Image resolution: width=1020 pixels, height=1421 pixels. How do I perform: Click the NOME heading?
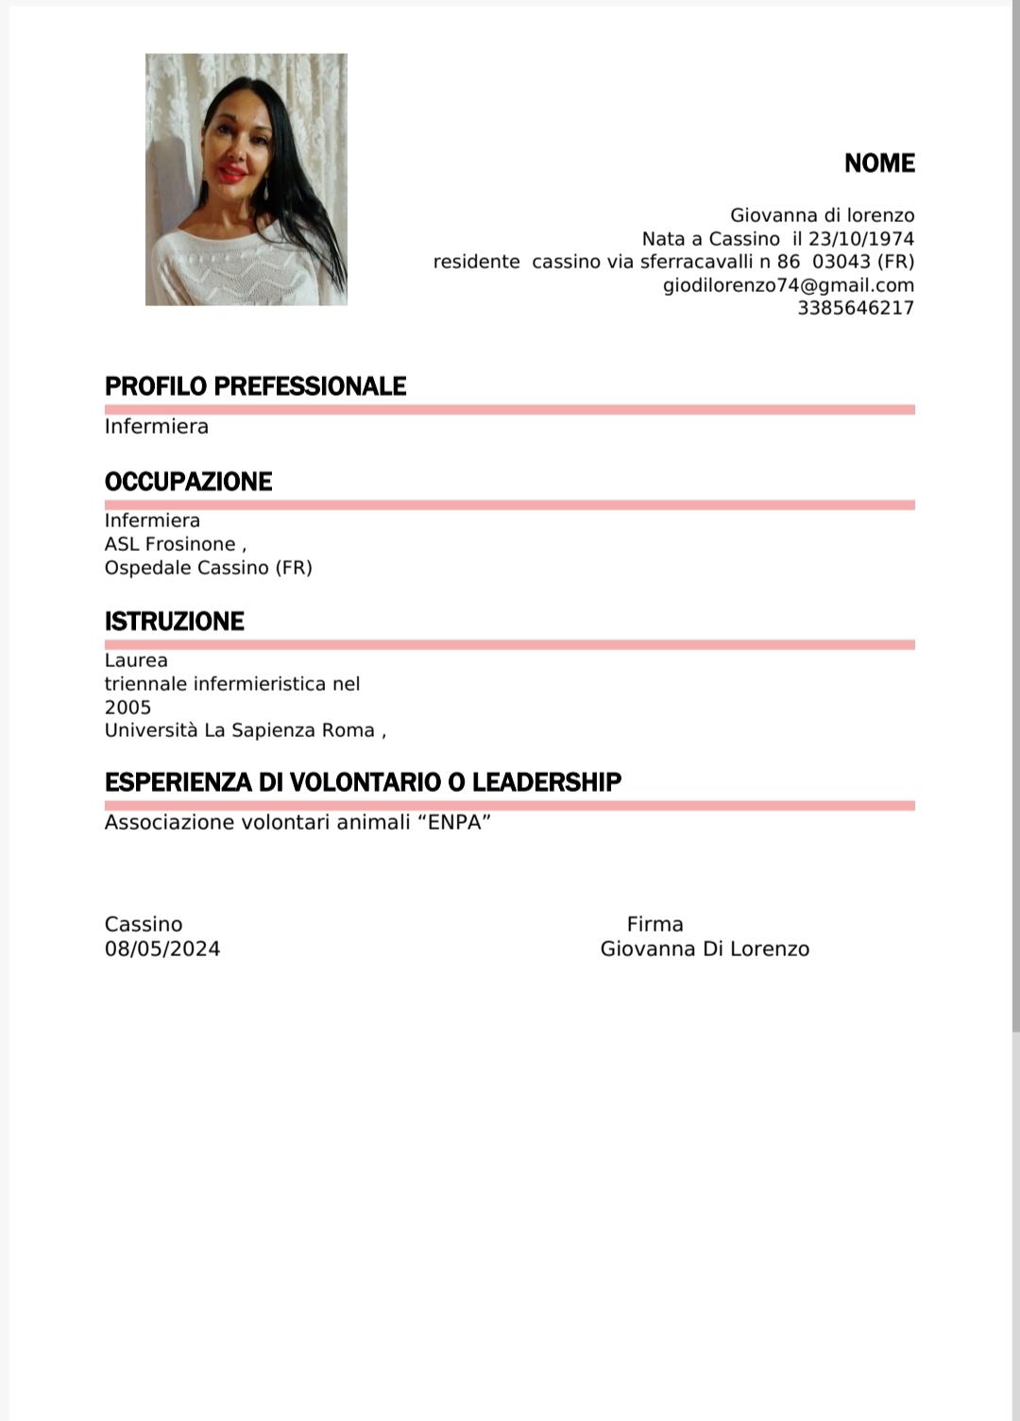[879, 163]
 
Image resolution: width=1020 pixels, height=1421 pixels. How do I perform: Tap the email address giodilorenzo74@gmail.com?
[788, 285]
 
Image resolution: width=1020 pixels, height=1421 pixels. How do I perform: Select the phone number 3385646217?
[855, 308]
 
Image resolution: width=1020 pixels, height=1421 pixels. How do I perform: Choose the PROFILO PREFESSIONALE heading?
[255, 386]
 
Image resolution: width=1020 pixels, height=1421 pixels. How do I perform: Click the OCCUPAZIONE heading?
[188, 482]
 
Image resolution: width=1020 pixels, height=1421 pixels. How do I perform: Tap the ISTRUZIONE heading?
[174, 622]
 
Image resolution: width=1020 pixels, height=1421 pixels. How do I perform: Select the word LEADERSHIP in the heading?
[547, 782]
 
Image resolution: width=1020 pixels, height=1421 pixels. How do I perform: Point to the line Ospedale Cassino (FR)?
[208, 568]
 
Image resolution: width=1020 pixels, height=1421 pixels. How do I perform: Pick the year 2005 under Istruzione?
[127, 708]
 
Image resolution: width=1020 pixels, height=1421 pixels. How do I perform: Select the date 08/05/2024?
[162, 950]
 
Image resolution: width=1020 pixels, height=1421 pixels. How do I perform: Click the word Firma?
[654, 925]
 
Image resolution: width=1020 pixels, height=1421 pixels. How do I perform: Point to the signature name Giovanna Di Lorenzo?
[705, 950]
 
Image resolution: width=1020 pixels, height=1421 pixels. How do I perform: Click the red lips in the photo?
[229, 172]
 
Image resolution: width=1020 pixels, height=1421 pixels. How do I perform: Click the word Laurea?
[136, 660]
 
